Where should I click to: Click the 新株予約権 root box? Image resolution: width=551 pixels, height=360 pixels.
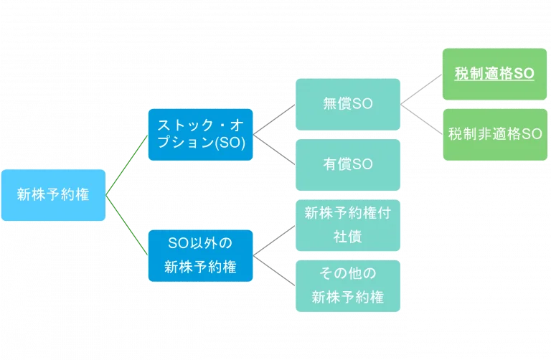[x=54, y=194]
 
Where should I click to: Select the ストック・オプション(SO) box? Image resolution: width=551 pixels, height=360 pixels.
[x=201, y=134]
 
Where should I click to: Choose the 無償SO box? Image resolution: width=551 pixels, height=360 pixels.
[x=348, y=104]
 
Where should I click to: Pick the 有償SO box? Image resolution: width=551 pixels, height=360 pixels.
[x=348, y=164]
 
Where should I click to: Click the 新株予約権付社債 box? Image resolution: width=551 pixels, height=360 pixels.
[x=348, y=225]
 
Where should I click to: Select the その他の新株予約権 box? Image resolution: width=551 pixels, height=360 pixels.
[x=348, y=285]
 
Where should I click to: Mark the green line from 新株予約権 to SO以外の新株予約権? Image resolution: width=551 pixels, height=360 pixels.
[x=128, y=224]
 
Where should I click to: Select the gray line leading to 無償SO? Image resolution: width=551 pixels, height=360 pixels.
[x=275, y=119]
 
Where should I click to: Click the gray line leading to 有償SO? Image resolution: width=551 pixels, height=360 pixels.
[x=275, y=149]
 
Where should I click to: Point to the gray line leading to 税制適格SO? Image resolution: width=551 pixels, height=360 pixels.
[x=422, y=89]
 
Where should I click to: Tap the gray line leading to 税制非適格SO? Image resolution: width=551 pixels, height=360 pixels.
[x=422, y=119]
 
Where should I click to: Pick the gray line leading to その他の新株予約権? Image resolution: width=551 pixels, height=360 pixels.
[x=275, y=270]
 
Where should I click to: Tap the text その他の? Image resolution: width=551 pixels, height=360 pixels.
[x=348, y=273]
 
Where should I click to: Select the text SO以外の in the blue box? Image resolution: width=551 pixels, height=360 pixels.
[x=201, y=243]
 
